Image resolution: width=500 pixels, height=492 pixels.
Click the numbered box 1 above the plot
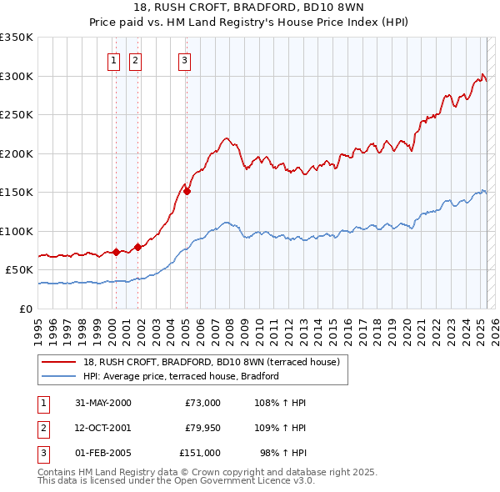point(112,59)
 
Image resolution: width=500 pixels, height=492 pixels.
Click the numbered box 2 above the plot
point(134,59)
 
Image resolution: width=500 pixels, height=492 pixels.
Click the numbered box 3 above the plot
point(183,59)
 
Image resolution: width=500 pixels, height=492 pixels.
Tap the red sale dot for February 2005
point(187,191)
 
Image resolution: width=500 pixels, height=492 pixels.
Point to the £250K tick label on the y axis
point(17,115)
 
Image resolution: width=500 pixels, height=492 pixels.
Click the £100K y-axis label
point(17,231)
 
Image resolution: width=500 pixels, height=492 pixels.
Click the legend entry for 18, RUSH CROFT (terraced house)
point(212,362)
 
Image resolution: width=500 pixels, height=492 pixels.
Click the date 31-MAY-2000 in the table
point(103,403)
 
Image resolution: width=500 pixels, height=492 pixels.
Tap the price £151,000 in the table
point(200,453)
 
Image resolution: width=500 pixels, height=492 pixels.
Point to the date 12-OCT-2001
point(103,428)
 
